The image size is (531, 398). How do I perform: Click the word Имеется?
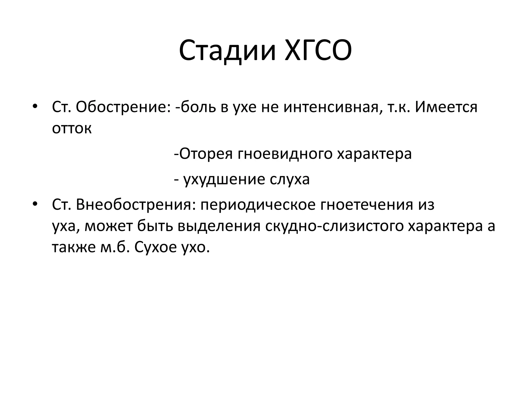pos(446,107)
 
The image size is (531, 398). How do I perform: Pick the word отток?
pos(72,128)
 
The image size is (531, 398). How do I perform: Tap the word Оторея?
pos(206,154)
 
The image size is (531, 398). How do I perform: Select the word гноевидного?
pos(285,154)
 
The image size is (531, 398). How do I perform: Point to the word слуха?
pos(290,179)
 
